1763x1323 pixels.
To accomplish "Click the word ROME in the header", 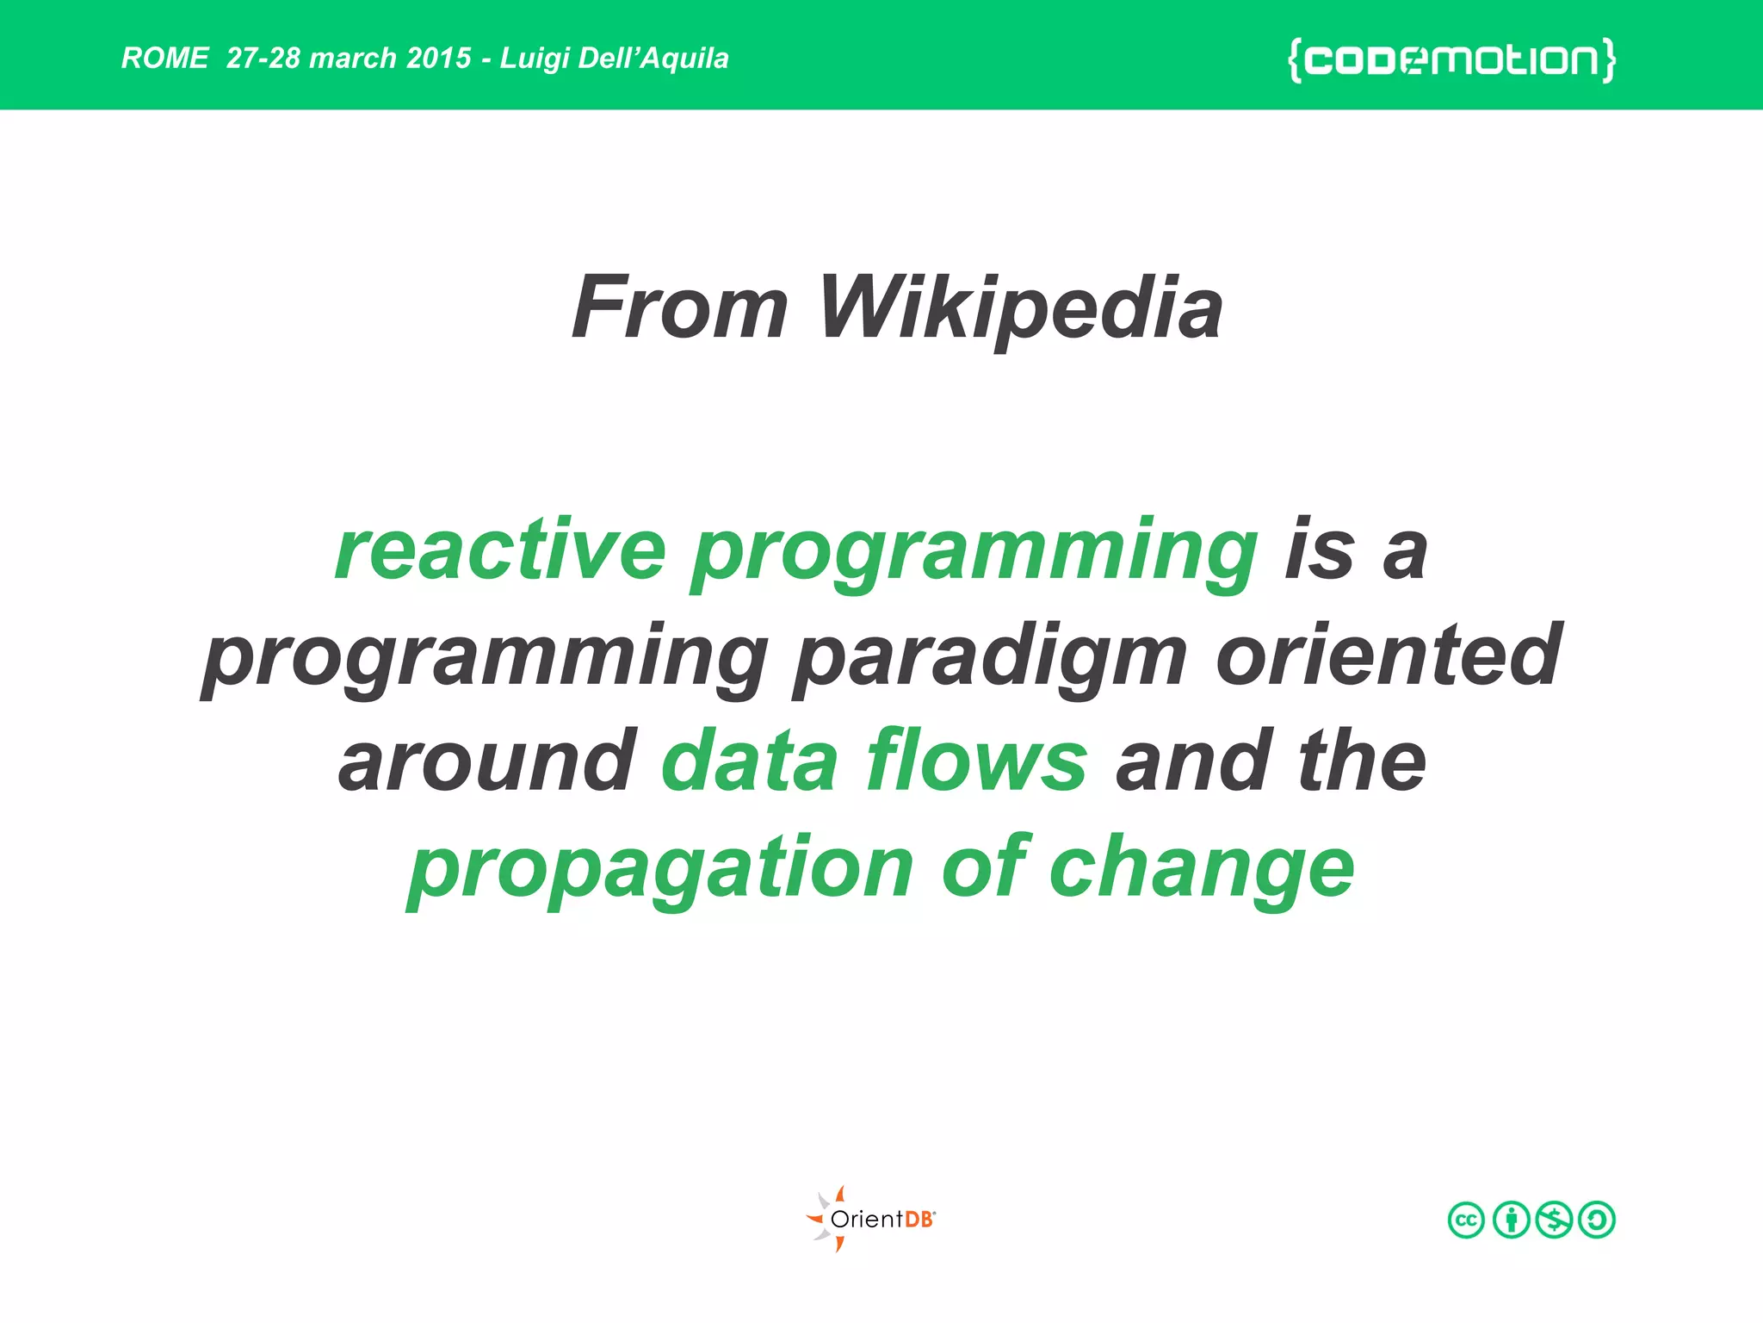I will coord(164,58).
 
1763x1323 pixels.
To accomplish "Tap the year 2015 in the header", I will coord(439,58).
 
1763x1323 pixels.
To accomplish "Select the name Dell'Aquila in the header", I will coord(653,58).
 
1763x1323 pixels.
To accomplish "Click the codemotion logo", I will coord(1451,59).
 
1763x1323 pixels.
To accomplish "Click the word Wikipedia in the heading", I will coord(1020,308).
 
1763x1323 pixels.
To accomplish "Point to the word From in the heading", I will coord(679,308).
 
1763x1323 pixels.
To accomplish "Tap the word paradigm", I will coord(990,658).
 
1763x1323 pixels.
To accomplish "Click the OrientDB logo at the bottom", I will coord(871,1219).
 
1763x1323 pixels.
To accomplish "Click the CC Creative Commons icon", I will coord(1466,1220).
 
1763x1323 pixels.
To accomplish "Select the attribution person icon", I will coord(1511,1220).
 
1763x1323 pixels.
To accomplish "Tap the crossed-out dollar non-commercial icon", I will coord(1554,1220).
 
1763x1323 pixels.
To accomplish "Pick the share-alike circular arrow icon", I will coord(1597,1220).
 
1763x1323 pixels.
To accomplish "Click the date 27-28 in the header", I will coord(263,58).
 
